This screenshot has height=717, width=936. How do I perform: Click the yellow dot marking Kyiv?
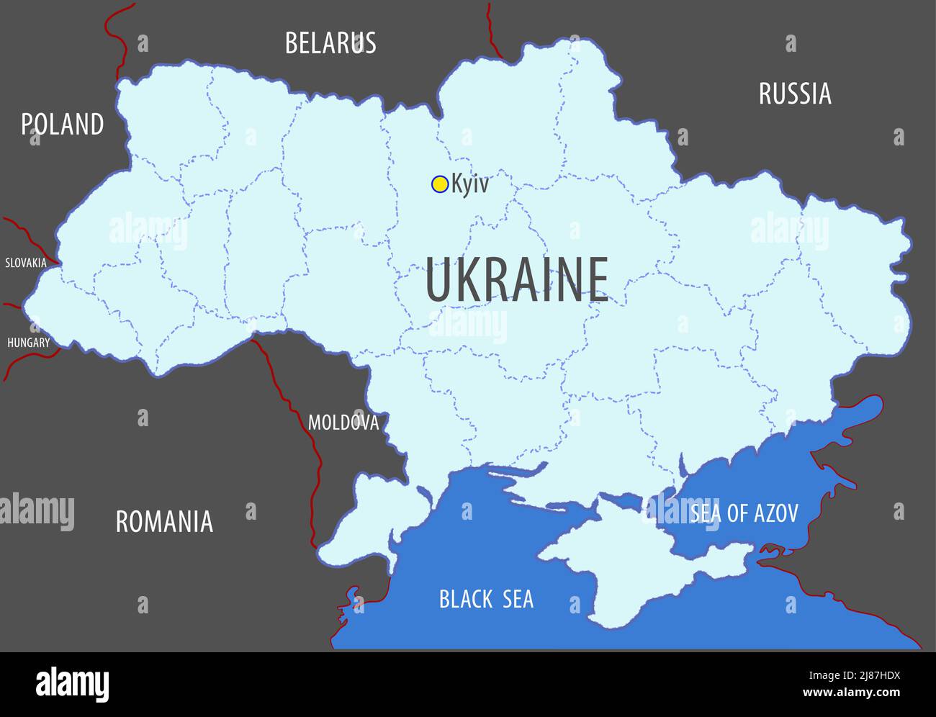click(x=439, y=184)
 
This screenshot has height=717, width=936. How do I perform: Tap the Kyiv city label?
click(x=470, y=184)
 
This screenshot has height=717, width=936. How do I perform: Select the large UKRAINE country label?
click(x=517, y=280)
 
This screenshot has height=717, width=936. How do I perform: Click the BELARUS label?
click(x=330, y=43)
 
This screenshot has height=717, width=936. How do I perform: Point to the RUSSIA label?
click(x=795, y=94)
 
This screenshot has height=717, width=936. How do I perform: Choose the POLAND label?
click(x=62, y=125)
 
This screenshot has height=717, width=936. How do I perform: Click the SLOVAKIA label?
click(x=26, y=263)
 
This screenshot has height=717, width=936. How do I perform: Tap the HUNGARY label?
click(x=29, y=343)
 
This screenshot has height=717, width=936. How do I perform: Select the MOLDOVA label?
click(x=343, y=423)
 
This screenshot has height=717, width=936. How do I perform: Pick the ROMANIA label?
click(x=164, y=521)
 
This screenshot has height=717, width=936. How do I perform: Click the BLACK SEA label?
click(x=487, y=599)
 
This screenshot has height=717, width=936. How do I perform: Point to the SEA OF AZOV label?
click(x=744, y=513)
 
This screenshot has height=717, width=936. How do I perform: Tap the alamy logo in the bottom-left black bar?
click(x=72, y=684)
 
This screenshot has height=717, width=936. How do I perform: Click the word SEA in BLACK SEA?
click(x=517, y=599)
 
